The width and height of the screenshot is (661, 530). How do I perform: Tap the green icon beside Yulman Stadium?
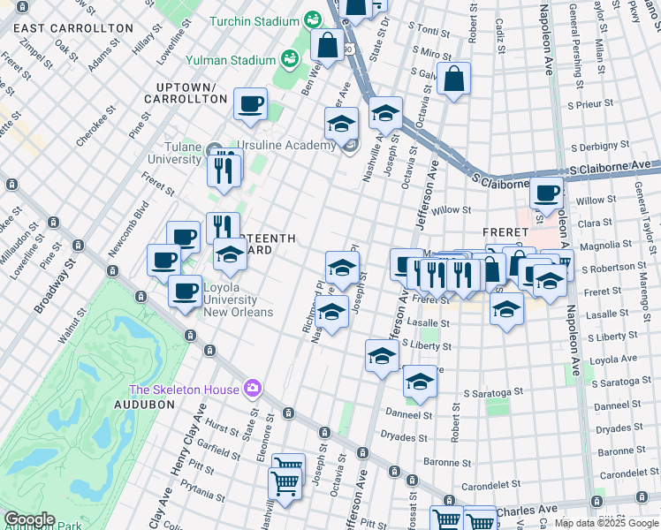point(289,59)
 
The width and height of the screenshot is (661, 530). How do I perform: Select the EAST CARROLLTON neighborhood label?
point(73,28)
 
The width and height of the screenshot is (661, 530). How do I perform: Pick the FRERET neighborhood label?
point(506,231)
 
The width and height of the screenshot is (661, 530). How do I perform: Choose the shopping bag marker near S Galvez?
point(453,79)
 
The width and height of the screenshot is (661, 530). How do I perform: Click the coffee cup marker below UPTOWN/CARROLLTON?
point(250,104)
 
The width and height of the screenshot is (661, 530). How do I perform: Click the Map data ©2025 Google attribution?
point(606,523)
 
